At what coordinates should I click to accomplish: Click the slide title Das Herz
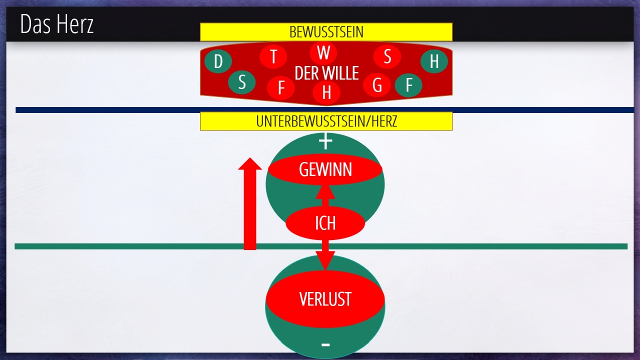[57, 24]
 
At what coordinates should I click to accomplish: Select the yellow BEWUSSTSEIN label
[326, 32]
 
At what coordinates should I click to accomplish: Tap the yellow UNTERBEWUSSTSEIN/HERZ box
[326, 121]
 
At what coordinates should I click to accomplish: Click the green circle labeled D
[218, 61]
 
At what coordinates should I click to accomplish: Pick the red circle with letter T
[273, 56]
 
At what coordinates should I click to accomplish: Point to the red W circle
[323, 52]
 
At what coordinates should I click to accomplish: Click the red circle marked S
[387, 56]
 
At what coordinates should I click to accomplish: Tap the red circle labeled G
[377, 85]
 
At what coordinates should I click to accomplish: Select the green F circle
[408, 85]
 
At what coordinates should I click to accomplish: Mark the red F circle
[281, 88]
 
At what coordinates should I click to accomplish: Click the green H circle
[433, 61]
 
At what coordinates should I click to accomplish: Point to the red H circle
[326, 92]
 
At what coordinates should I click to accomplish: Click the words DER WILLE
[326, 73]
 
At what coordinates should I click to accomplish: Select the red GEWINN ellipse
[325, 169]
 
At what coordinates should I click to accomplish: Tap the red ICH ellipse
[325, 223]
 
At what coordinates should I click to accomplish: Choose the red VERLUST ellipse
[325, 299]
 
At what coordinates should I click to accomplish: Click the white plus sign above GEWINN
[325, 142]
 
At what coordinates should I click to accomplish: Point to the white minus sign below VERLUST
[325, 344]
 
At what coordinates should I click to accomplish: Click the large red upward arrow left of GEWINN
[250, 205]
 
